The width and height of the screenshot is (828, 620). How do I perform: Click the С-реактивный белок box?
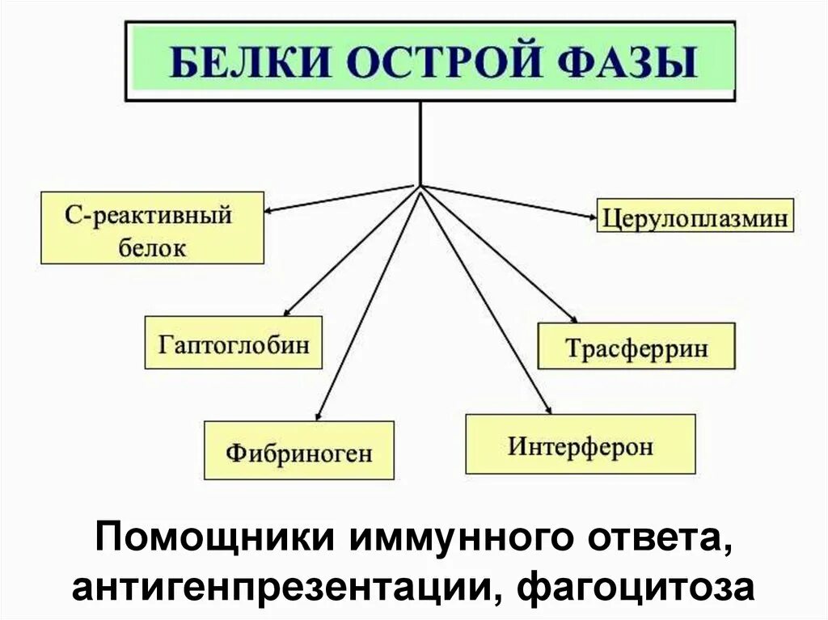153,228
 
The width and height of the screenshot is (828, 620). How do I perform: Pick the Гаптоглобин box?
234,342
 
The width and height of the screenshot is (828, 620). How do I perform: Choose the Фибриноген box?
299,450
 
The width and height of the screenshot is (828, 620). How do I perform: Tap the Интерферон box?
580,444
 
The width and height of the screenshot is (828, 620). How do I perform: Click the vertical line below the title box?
420,142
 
